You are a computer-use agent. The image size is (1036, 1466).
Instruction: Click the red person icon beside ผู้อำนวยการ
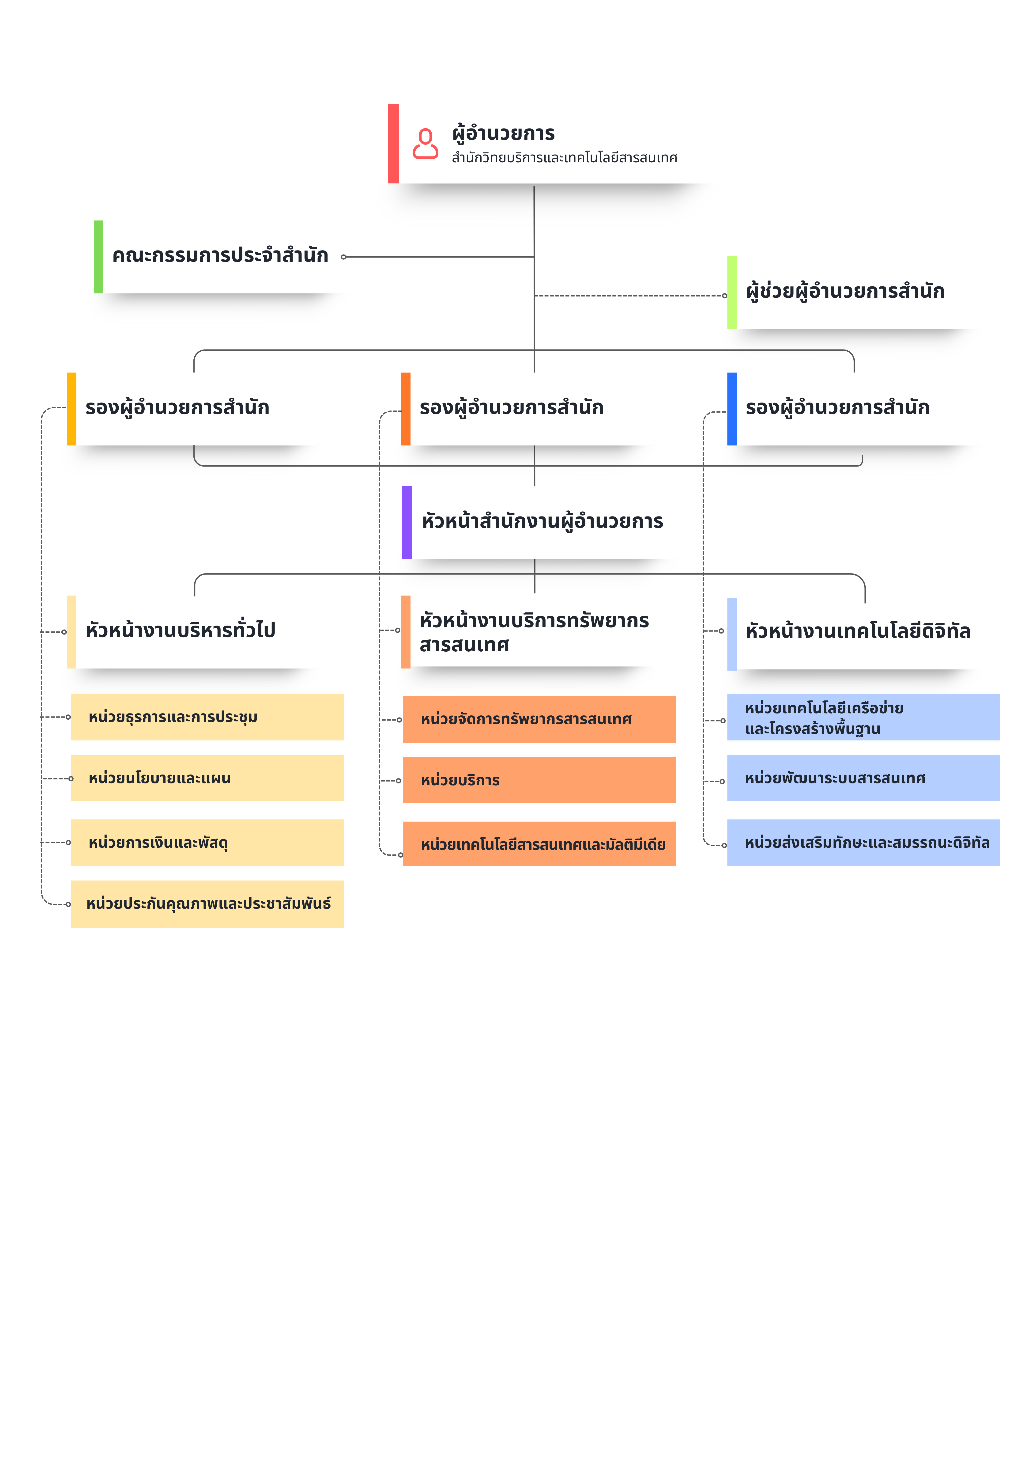tap(425, 144)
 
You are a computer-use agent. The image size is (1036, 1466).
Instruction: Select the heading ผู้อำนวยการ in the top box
tap(504, 133)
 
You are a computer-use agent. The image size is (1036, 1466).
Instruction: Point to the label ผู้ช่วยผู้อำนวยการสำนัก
tap(845, 291)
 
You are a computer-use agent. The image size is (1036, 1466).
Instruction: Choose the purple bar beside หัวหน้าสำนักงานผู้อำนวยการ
tap(407, 522)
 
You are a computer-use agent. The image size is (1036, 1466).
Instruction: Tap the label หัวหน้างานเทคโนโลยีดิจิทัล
tap(858, 631)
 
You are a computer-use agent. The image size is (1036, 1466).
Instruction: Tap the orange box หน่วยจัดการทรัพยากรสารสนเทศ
tap(539, 719)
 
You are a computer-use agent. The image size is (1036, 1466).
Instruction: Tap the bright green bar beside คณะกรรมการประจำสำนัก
tap(98, 257)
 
